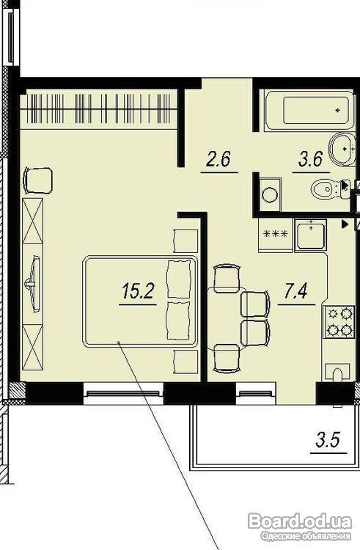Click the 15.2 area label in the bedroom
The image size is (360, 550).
click(x=138, y=291)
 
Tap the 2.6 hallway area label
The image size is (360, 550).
click(x=218, y=159)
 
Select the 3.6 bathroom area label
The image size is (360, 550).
click(x=311, y=160)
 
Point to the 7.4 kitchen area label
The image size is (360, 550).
click(x=296, y=291)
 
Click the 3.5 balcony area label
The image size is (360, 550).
click(x=328, y=440)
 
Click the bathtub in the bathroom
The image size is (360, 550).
click(x=309, y=111)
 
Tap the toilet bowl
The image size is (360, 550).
click(x=328, y=190)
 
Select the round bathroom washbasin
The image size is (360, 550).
click(x=341, y=149)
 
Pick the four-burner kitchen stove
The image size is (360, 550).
click(x=339, y=322)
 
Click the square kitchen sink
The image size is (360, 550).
click(x=311, y=235)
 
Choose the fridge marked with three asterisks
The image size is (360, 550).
click(x=276, y=235)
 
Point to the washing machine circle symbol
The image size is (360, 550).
click(x=271, y=194)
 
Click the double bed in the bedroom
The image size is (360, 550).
click(x=140, y=301)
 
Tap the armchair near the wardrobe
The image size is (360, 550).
click(x=38, y=180)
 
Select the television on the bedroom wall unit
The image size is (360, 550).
click(x=34, y=283)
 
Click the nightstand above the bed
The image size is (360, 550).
click(x=185, y=241)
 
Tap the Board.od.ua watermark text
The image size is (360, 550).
click(x=300, y=521)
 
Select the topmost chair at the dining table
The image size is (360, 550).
click(x=227, y=278)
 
